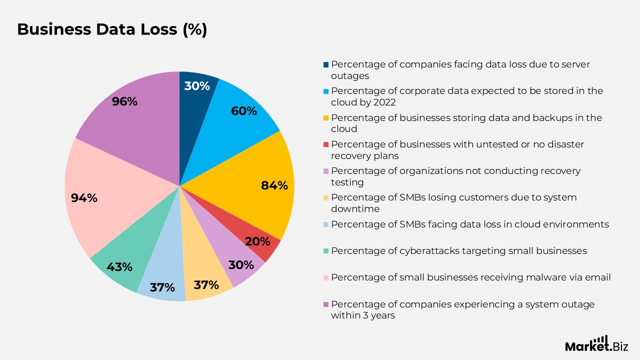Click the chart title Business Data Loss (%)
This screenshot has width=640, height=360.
pos(112,29)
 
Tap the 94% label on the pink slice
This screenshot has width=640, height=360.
pos(84,198)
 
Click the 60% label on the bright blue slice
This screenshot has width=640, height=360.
pos(243,111)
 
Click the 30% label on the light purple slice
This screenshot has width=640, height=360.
pos(241,265)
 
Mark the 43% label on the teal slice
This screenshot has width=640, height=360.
pos(119,267)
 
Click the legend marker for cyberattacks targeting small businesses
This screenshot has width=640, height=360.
pos(326,251)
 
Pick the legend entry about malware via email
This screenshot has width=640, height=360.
pos(470,277)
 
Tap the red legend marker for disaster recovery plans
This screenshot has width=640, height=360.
pos(326,144)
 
